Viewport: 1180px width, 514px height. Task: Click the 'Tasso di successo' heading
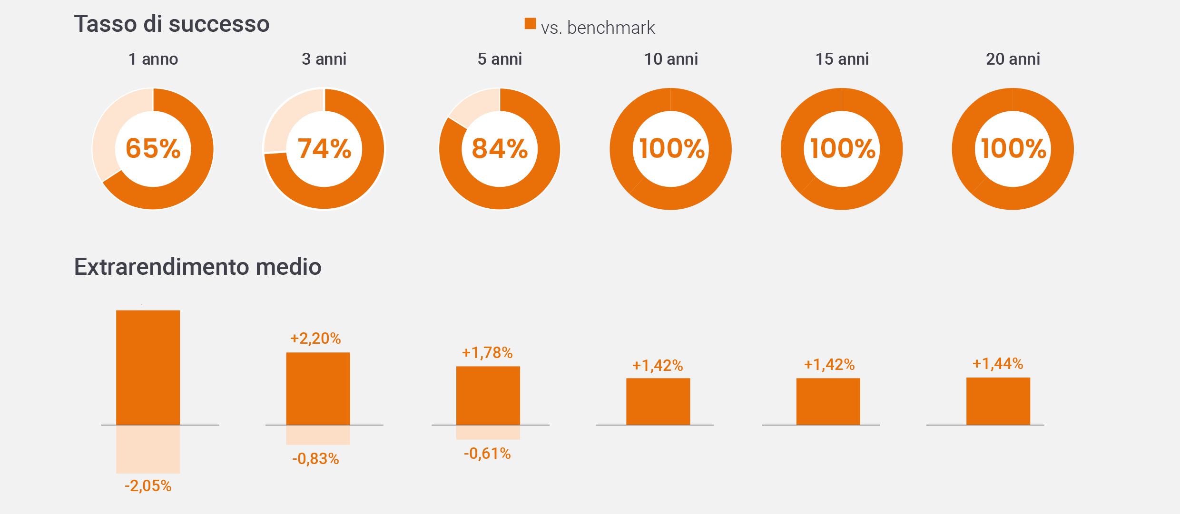coord(172,24)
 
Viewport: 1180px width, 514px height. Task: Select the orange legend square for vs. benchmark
coord(530,24)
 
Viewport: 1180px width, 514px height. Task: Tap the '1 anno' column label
coord(153,59)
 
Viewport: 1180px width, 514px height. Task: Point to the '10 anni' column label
coord(671,59)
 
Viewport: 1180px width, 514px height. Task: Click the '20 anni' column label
coord(1013,59)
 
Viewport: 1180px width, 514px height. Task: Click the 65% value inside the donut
coord(153,148)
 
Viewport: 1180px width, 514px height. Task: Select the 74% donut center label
coord(324,148)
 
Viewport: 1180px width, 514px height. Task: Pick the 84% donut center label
coord(500,148)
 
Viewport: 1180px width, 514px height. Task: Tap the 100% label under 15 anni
coord(842,148)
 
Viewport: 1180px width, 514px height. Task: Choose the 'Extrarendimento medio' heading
coord(197,267)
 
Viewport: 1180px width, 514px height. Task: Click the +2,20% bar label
coord(315,339)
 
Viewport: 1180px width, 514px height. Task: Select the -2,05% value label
coord(148,485)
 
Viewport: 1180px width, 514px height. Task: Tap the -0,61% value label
coord(487,454)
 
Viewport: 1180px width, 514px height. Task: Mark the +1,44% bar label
coord(998,364)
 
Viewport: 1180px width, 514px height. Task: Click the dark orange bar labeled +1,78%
coord(488,396)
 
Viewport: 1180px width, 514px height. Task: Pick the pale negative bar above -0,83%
coord(318,435)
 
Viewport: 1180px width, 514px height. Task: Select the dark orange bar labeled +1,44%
coord(998,401)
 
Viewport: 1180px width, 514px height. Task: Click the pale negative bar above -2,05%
coord(148,449)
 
